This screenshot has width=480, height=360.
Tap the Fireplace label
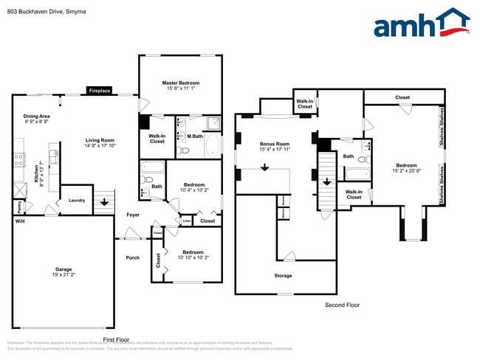(x=99, y=91)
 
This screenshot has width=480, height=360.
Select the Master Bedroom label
(x=180, y=83)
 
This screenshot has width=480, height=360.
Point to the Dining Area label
(x=37, y=117)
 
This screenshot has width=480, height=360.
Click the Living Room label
(x=100, y=140)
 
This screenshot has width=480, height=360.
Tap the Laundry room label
(x=77, y=200)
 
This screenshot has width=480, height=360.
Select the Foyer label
(x=132, y=215)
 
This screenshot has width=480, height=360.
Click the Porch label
(x=132, y=257)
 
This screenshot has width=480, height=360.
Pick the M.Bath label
(x=195, y=136)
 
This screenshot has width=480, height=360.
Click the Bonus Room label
(x=274, y=144)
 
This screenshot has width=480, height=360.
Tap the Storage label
(x=283, y=276)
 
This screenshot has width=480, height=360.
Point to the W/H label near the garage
(x=19, y=221)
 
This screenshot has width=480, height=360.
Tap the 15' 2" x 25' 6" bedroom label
(x=406, y=168)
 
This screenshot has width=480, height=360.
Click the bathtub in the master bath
(x=212, y=145)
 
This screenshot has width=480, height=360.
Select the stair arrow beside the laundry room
(x=104, y=200)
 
